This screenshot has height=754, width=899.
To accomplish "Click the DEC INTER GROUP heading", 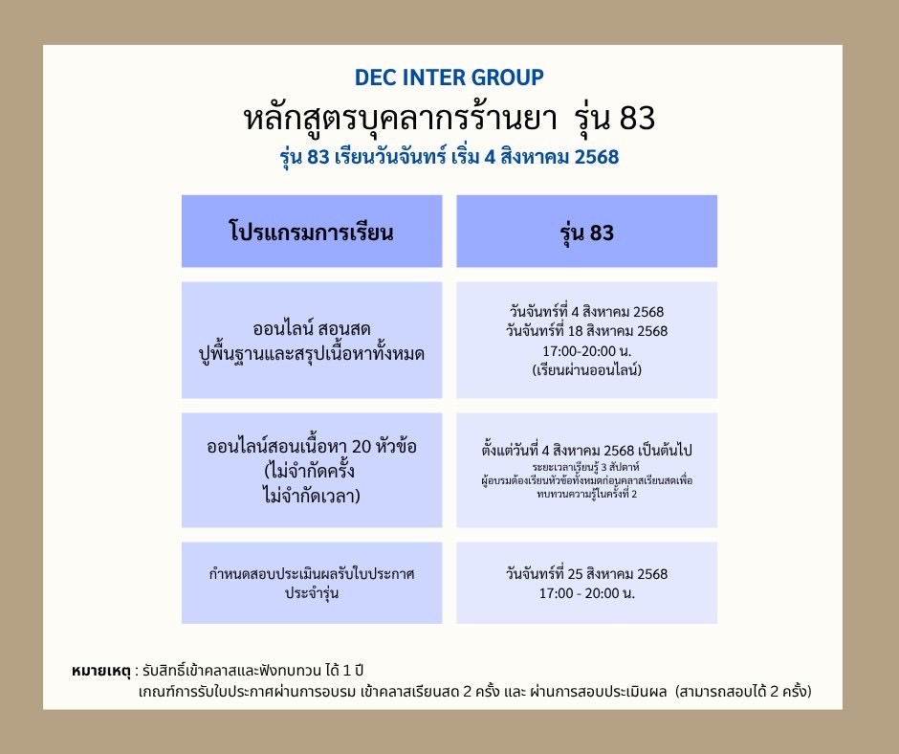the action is click(x=449, y=78).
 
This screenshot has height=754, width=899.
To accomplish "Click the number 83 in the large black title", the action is click(x=637, y=119).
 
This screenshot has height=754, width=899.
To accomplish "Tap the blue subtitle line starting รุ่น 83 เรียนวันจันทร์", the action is click(x=449, y=157).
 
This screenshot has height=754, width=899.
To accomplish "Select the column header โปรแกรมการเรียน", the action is click(x=312, y=233).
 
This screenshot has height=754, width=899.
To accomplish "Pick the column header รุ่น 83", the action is click(x=586, y=233).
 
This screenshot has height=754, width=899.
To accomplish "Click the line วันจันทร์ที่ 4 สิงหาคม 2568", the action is click(x=586, y=312).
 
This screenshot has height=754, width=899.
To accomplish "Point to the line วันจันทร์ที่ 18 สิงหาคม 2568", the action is click(x=586, y=331).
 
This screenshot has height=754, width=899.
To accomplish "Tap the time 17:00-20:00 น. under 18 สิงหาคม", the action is click(x=586, y=350).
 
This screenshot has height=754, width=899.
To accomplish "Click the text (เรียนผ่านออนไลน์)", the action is click(x=586, y=369).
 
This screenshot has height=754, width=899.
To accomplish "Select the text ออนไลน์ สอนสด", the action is click(x=312, y=329).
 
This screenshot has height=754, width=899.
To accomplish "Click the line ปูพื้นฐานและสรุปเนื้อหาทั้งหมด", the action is click(x=312, y=353).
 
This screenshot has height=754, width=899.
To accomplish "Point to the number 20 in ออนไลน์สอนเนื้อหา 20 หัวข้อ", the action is click(x=362, y=447).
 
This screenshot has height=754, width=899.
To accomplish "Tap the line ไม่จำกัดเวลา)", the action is click(x=312, y=496).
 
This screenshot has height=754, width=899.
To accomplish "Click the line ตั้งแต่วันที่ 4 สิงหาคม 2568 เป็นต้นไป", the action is click(x=586, y=450).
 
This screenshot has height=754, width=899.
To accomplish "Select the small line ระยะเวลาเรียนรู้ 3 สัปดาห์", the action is click(x=585, y=467).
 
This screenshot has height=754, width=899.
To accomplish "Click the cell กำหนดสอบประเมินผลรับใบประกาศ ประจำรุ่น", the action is click(x=312, y=583).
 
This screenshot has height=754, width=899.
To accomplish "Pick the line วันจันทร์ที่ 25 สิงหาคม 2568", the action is click(x=586, y=574).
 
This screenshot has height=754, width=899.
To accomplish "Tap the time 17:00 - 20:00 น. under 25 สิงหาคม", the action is click(x=586, y=593).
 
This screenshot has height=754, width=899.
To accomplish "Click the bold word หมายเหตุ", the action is click(x=101, y=671).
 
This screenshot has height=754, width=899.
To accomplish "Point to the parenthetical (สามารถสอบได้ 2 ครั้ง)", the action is click(x=744, y=692).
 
